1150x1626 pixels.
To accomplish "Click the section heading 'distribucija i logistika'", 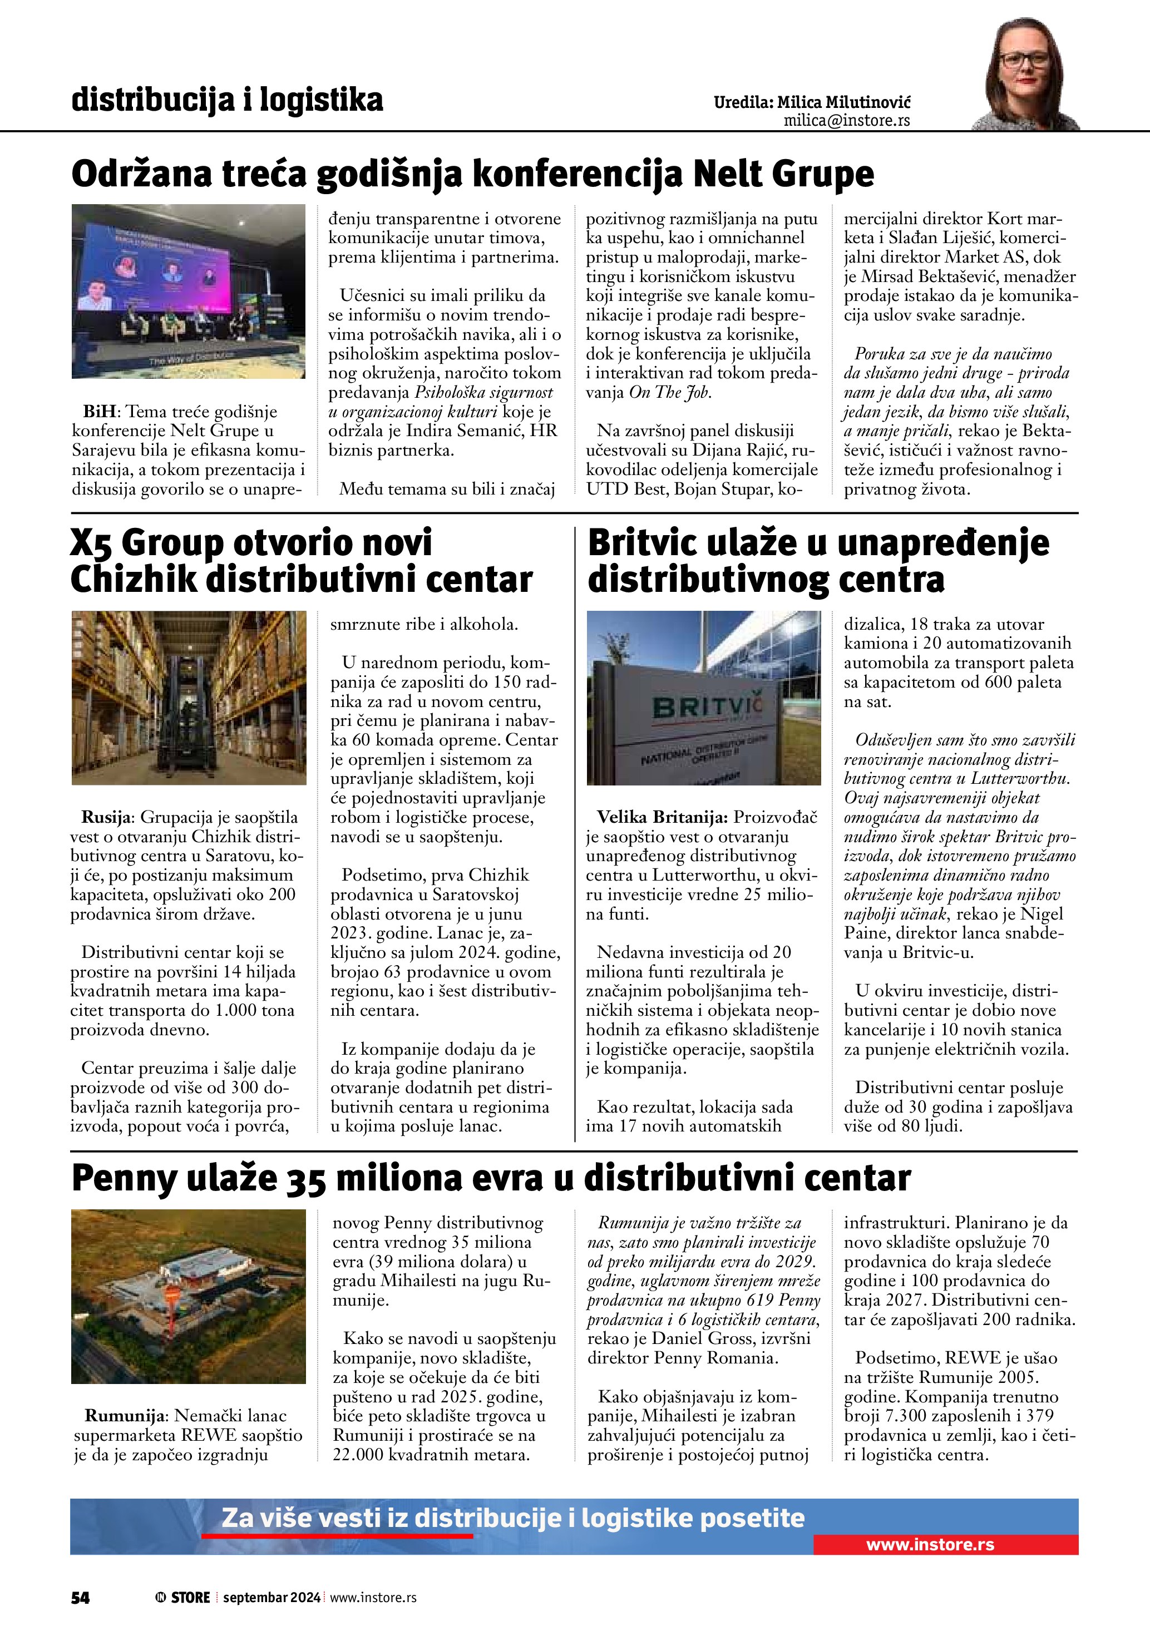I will point(228,100).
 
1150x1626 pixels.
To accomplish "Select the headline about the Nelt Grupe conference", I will point(472,174).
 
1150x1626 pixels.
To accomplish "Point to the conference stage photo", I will point(189,291).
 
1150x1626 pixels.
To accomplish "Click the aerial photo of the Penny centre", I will point(189,1296).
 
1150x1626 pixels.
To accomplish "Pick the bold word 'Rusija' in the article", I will point(106,817).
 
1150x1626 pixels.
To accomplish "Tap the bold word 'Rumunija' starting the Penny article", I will point(125,1416).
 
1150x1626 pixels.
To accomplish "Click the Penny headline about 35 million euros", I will point(491,1179).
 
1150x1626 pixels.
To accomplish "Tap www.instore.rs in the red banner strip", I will point(930,1545).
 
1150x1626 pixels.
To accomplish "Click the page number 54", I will point(80,1597).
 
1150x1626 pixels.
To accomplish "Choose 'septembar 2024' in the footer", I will point(271,1597).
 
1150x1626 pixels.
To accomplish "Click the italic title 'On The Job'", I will point(670,392).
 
